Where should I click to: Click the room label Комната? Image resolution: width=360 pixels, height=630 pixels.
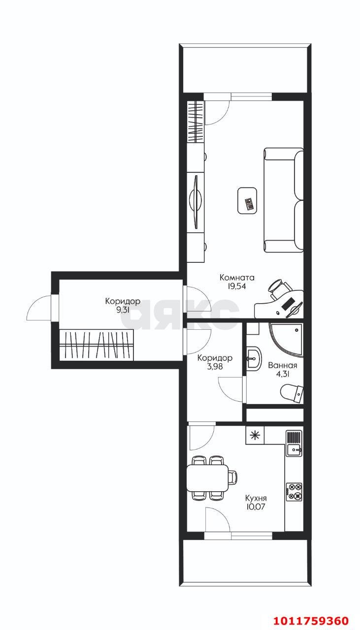pos(237,278)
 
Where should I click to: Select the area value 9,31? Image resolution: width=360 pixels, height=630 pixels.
pos(123,310)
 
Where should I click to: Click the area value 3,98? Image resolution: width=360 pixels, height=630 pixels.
pos(215,367)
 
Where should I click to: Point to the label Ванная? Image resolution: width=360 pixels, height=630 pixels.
pos(282,365)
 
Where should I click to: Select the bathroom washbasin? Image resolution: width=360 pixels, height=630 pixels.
pos(254,358)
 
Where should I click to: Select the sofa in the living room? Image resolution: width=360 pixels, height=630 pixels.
pos(284,200)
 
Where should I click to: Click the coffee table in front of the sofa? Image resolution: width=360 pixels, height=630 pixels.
pos(247,200)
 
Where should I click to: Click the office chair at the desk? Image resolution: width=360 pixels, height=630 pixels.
pos(279,288)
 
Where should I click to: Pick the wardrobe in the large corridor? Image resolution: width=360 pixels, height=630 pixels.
pos(96,345)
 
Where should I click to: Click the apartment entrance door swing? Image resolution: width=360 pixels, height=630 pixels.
pos(39,308)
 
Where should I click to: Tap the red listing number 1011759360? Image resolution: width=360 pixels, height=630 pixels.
pos(311,621)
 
